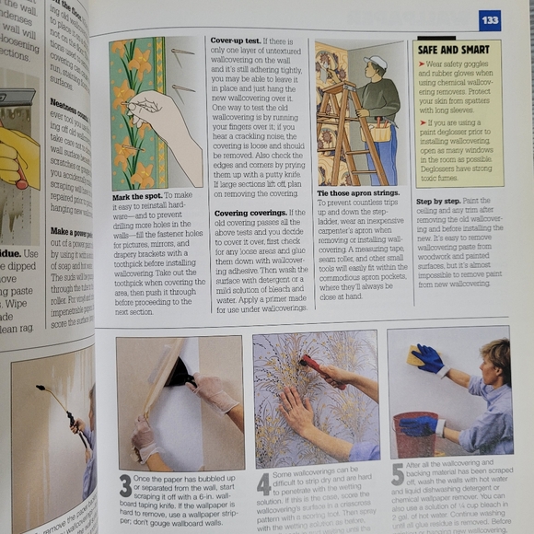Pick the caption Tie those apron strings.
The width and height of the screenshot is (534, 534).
[x=356, y=193]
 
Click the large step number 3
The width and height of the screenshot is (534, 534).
[x=124, y=486]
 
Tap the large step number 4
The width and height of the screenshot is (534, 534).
[x=262, y=483]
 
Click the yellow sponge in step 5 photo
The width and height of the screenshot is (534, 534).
[x=415, y=355]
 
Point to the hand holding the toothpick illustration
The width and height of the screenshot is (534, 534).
[x=166, y=115]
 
